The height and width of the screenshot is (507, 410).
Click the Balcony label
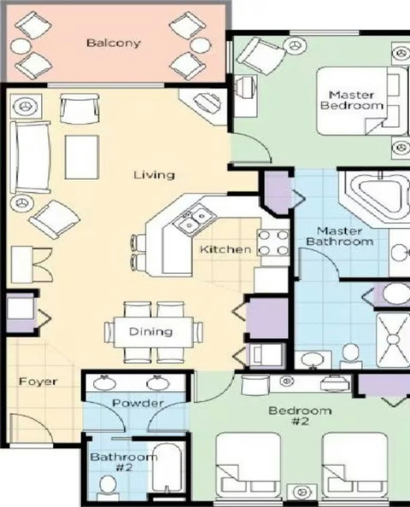(x=114, y=43)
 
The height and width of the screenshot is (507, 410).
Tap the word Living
(x=154, y=175)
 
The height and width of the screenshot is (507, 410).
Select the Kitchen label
(x=225, y=249)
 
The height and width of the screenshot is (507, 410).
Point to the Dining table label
(x=150, y=332)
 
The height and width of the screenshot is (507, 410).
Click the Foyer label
(x=38, y=382)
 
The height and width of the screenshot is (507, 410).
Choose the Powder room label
(x=138, y=403)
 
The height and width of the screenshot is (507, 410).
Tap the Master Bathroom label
(x=339, y=236)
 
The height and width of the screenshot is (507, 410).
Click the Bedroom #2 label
(x=301, y=416)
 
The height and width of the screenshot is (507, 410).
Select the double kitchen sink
(x=195, y=219)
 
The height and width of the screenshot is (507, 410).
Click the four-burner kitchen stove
(x=273, y=242)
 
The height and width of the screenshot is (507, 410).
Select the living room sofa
(x=30, y=157)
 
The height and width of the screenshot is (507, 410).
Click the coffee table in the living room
(x=81, y=157)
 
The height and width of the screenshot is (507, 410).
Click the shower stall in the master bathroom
(x=393, y=340)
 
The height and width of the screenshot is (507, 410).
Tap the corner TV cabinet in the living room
(x=204, y=106)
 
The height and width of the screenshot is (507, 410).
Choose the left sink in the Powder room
(x=104, y=383)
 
